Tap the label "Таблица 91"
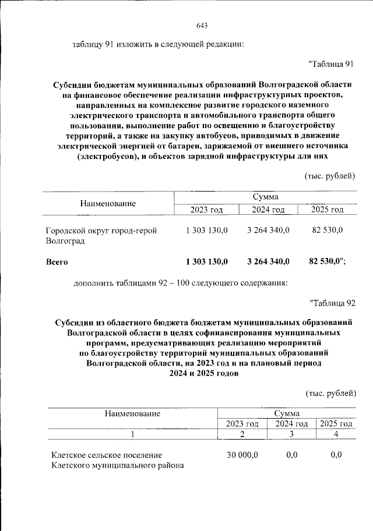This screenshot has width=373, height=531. [330, 63]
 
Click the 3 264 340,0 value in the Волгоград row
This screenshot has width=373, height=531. [268, 231]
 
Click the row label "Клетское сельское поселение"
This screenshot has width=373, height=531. [106, 454]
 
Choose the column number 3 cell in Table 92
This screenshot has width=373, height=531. [291, 434]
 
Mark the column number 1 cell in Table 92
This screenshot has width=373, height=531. [133, 434]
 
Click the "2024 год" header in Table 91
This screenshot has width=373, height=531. [268, 210]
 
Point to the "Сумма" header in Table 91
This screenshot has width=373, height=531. [265, 197]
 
